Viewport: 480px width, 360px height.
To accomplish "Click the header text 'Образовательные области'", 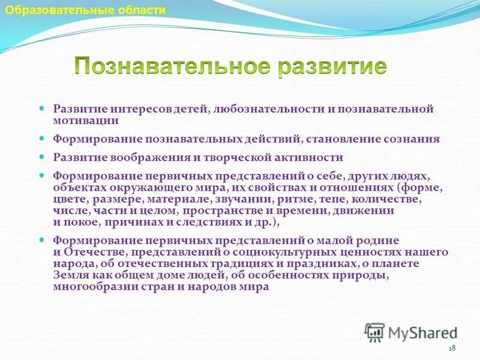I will pos(85,10).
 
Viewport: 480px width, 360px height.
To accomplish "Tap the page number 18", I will pos(452,349).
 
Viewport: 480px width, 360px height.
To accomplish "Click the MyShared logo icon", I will pos(374,331).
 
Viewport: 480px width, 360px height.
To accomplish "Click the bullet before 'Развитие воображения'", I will pos(42,157).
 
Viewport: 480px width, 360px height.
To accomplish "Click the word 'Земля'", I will pos(68,276).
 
